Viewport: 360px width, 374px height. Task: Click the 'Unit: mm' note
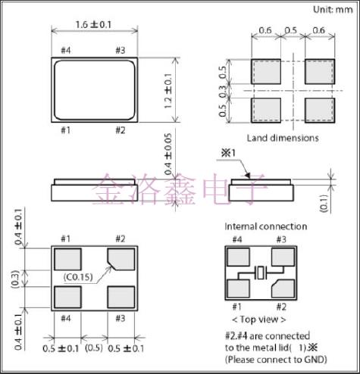(x=333, y=10)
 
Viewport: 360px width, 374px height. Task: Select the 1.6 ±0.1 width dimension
(x=93, y=25)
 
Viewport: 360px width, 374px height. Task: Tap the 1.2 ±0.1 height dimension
(x=168, y=91)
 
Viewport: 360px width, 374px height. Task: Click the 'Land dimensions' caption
(x=283, y=138)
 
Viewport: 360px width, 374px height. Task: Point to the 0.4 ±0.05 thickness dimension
(x=168, y=154)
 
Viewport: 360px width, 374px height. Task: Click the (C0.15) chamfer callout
(x=78, y=277)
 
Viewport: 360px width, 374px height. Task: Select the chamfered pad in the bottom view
(x=121, y=259)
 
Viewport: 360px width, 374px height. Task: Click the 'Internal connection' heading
(x=266, y=226)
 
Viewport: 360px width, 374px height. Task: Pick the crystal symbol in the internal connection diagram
(x=260, y=273)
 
